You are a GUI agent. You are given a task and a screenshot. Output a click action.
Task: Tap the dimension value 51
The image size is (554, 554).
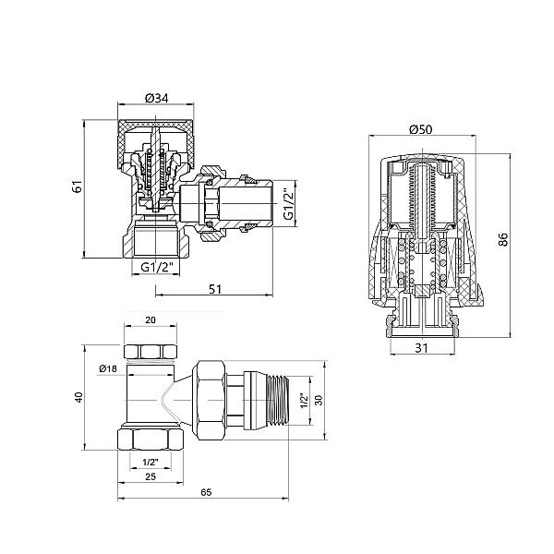(214, 288)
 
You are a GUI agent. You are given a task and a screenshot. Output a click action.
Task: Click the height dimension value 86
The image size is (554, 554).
(503, 238)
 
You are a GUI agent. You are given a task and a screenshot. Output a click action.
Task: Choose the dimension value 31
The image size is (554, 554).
(422, 347)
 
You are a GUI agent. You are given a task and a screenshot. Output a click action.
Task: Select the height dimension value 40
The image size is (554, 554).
(78, 397)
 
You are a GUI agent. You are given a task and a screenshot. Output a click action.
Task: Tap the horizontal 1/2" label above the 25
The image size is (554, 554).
(150, 461)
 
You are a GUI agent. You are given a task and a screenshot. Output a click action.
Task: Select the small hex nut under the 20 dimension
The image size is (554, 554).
(151, 352)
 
